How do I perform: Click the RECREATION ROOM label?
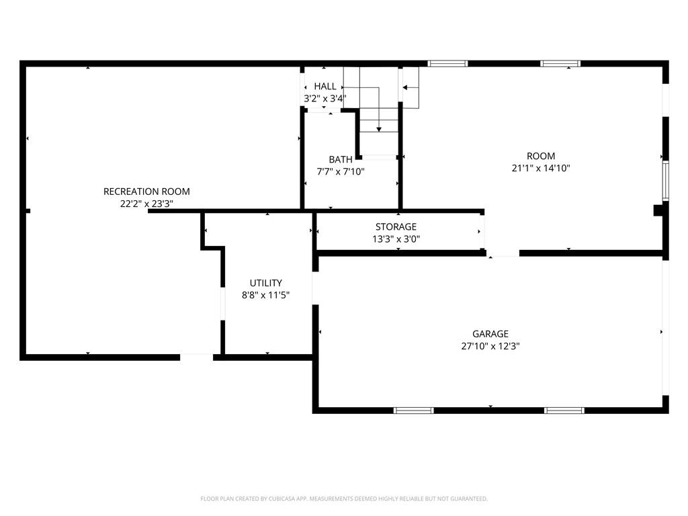click(x=146, y=191)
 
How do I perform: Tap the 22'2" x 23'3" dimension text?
click(x=146, y=204)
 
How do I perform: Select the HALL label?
click(x=325, y=87)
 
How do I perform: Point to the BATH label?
click(x=341, y=159)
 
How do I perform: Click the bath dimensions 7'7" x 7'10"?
click(x=341, y=171)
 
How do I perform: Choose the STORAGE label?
click(x=396, y=227)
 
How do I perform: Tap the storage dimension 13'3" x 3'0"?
click(x=396, y=239)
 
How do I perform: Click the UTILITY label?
click(x=266, y=283)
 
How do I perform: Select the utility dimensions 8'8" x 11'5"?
click(x=266, y=295)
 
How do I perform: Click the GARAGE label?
click(x=490, y=334)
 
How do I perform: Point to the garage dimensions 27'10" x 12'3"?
click(x=490, y=346)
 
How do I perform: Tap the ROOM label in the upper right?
click(x=541, y=157)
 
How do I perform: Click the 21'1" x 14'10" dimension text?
click(x=541, y=169)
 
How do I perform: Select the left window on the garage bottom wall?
click(x=413, y=410)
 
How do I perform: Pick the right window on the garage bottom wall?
click(x=564, y=410)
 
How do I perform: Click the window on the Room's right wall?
click(x=665, y=181)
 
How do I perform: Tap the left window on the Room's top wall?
click(x=447, y=64)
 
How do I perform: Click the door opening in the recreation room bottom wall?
click(x=197, y=357)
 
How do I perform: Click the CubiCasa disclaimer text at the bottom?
click(x=344, y=499)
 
